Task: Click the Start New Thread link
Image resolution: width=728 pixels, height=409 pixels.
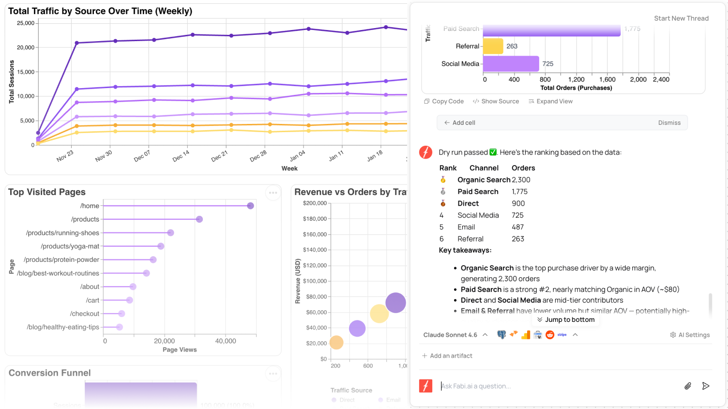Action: (x=681, y=18)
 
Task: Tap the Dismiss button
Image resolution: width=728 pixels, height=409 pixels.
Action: (x=669, y=123)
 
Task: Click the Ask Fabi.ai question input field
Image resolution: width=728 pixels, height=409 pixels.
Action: (x=557, y=386)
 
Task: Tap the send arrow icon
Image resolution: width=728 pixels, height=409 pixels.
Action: (x=706, y=386)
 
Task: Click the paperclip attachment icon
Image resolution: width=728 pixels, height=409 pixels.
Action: (x=687, y=386)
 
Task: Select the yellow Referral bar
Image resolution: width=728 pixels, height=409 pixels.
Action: (x=493, y=46)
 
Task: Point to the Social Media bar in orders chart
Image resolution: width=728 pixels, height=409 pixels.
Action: (x=511, y=64)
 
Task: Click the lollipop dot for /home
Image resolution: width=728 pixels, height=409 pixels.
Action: (x=250, y=206)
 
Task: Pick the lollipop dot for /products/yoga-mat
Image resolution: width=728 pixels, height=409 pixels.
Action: (x=161, y=246)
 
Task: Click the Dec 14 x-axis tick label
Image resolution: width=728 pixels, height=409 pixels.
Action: (x=181, y=156)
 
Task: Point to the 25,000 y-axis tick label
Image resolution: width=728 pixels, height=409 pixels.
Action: (x=26, y=23)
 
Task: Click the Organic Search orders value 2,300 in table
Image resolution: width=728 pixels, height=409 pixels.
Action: (x=521, y=180)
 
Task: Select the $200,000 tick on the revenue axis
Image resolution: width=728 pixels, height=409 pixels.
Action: (x=315, y=203)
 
